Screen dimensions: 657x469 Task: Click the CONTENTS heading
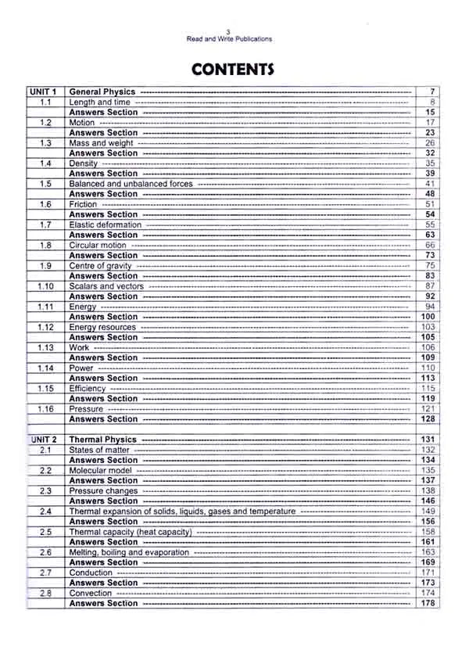point(233,69)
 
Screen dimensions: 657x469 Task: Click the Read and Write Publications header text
point(228,39)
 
